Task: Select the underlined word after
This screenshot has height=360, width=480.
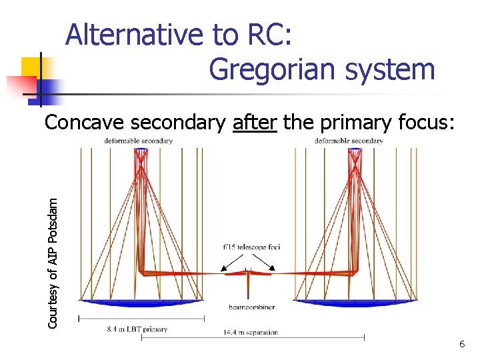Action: click(x=255, y=123)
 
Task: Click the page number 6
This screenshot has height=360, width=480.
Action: click(x=461, y=344)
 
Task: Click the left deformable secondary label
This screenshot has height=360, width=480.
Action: click(x=139, y=141)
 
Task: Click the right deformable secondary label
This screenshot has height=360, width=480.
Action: click(x=349, y=141)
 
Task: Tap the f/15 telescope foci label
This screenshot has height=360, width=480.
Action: click(x=251, y=247)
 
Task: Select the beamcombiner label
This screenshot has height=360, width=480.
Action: click(x=249, y=307)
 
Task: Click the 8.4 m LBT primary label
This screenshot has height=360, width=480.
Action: click(x=137, y=329)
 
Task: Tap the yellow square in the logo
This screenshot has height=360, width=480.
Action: click(x=31, y=67)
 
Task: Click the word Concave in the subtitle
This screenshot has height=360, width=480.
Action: click(x=85, y=123)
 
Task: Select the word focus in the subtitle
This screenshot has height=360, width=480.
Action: click(x=423, y=123)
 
